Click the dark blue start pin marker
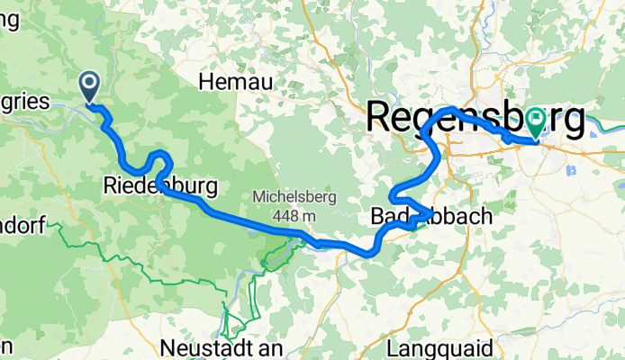coord(91,86)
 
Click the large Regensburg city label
coord(475,117)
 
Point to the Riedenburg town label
coord(160,187)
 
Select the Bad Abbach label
coord(430,216)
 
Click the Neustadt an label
coord(222,346)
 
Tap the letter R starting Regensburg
coord(379,117)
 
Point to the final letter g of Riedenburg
coord(209,189)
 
